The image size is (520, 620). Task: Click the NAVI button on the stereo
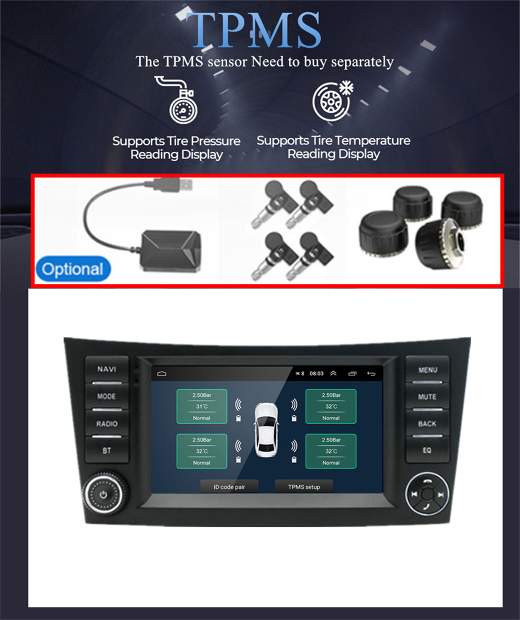tap(107, 370)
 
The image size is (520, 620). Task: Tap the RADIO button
tap(107, 424)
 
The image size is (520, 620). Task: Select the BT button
tap(107, 451)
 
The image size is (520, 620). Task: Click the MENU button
tap(428, 370)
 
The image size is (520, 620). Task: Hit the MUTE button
tap(428, 397)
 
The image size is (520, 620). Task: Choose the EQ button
tap(427, 451)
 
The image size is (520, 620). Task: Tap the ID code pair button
tap(229, 487)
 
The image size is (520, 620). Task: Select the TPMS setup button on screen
tap(304, 487)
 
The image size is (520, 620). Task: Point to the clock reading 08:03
tap(317, 373)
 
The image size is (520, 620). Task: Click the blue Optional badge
tap(73, 269)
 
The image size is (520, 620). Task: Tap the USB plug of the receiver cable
tap(172, 184)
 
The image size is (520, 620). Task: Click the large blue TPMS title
tap(254, 30)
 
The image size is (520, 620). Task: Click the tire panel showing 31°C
tap(202, 406)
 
